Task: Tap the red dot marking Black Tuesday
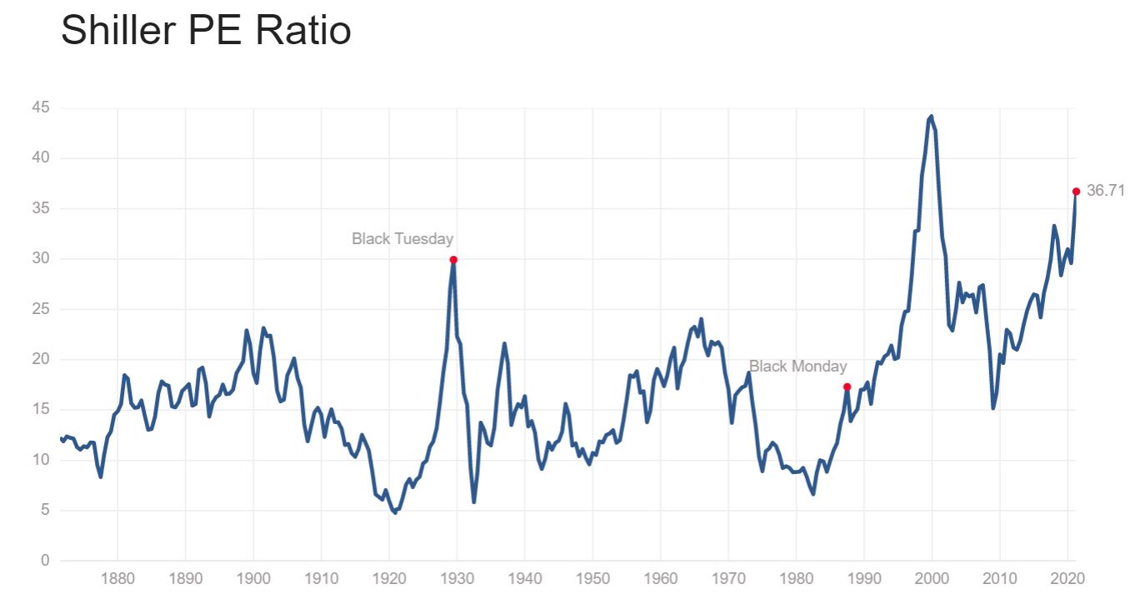click(x=453, y=259)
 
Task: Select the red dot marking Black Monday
click(x=847, y=387)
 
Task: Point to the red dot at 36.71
click(x=1076, y=192)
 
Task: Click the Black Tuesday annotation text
click(x=402, y=239)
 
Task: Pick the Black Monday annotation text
click(x=797, y=367)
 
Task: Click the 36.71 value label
click(x=1106, y=191)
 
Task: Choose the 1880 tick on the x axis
click(x=117, y=577)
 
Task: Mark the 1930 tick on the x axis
click(x=457, y=577)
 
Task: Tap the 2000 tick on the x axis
click(x=932, y=577)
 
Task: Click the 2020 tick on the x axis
click(x=1068, y=577)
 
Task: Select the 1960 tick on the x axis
click(x=661, y=577)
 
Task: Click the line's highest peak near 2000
click(x=931, y=117)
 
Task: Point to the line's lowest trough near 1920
click(x=394, y=512)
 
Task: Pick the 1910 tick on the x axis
click(x=321, y=577)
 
